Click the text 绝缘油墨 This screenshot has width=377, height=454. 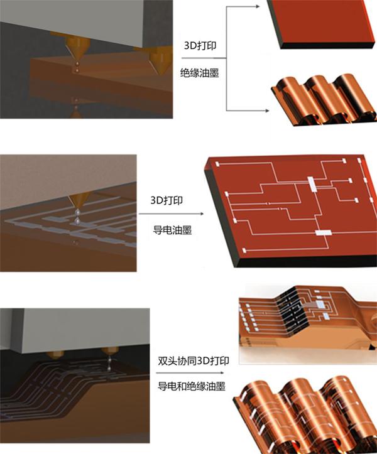(199, 73)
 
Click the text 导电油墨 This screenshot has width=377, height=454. (172, 230)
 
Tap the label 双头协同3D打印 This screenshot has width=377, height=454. (194, 361)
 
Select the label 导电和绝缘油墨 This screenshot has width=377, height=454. (191, 386)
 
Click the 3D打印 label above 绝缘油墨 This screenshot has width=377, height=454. (200, 45)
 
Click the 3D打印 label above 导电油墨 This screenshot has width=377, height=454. (167, 200)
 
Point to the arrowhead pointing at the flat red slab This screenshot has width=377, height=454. (257, 6)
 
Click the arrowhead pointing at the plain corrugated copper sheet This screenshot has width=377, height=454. (267, 111)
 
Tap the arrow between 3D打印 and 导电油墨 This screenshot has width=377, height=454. (172, 213)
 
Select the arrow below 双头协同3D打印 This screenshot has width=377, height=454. (190, 372)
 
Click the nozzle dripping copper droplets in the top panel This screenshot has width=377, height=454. (77, 46)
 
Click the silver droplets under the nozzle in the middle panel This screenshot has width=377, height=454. (77, 217)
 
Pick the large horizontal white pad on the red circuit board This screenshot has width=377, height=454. (323, 232)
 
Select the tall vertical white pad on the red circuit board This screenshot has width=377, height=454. (312, 185)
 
